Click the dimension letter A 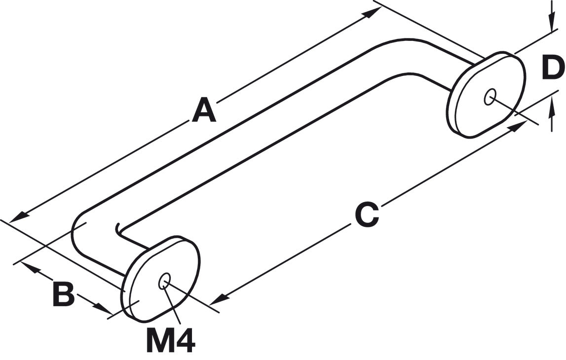pyautogui.click(x=204, y=108)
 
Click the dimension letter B pyautogui.click(x=64, y=294)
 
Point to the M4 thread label pyautogui.click(x=171, y=340)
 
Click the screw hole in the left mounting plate pyautogui.click(x=164, y=281)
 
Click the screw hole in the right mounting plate pyautogui.click(x=490, y=97)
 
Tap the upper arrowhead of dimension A pyautogui.click(x=371, y=12)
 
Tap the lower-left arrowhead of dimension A pyautogui.click(x=19, y=217)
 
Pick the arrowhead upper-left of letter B pyautogui.click(x=30, y=267)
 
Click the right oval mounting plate pyautogui.click(x=486, y=95)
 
